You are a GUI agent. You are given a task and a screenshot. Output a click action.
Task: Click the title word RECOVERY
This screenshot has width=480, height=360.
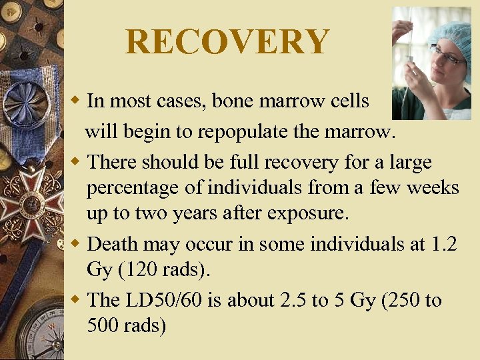[x=227, y=42]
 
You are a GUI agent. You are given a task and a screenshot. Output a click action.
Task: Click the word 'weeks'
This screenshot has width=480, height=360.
[x=431, y=188]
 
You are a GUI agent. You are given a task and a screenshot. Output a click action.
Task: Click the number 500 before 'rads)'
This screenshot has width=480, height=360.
[x=102, y=327]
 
